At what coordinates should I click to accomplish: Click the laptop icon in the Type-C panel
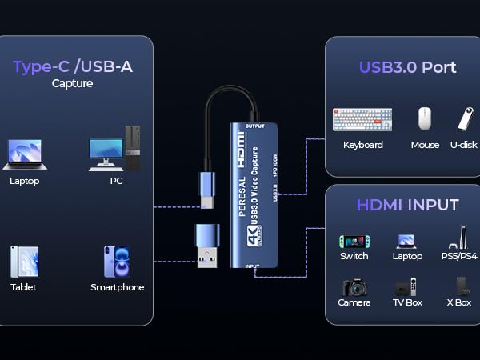(24, 154)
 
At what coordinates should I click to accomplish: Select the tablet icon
(24, 262)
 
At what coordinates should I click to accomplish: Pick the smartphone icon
(116, 262)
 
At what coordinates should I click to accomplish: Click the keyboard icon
(362, 119)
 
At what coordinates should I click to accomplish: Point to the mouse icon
(425, 118)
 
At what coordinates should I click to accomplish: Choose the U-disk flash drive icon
(464, 118)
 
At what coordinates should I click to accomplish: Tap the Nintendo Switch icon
(354, 240)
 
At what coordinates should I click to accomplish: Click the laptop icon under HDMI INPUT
(406, 241)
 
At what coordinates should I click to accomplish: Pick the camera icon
(354, 287)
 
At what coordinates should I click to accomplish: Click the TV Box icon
(406, 287)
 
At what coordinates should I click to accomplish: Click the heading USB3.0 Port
(408, 67)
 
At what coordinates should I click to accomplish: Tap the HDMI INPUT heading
(407, 205)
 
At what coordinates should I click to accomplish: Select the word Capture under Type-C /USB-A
(72, 82)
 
